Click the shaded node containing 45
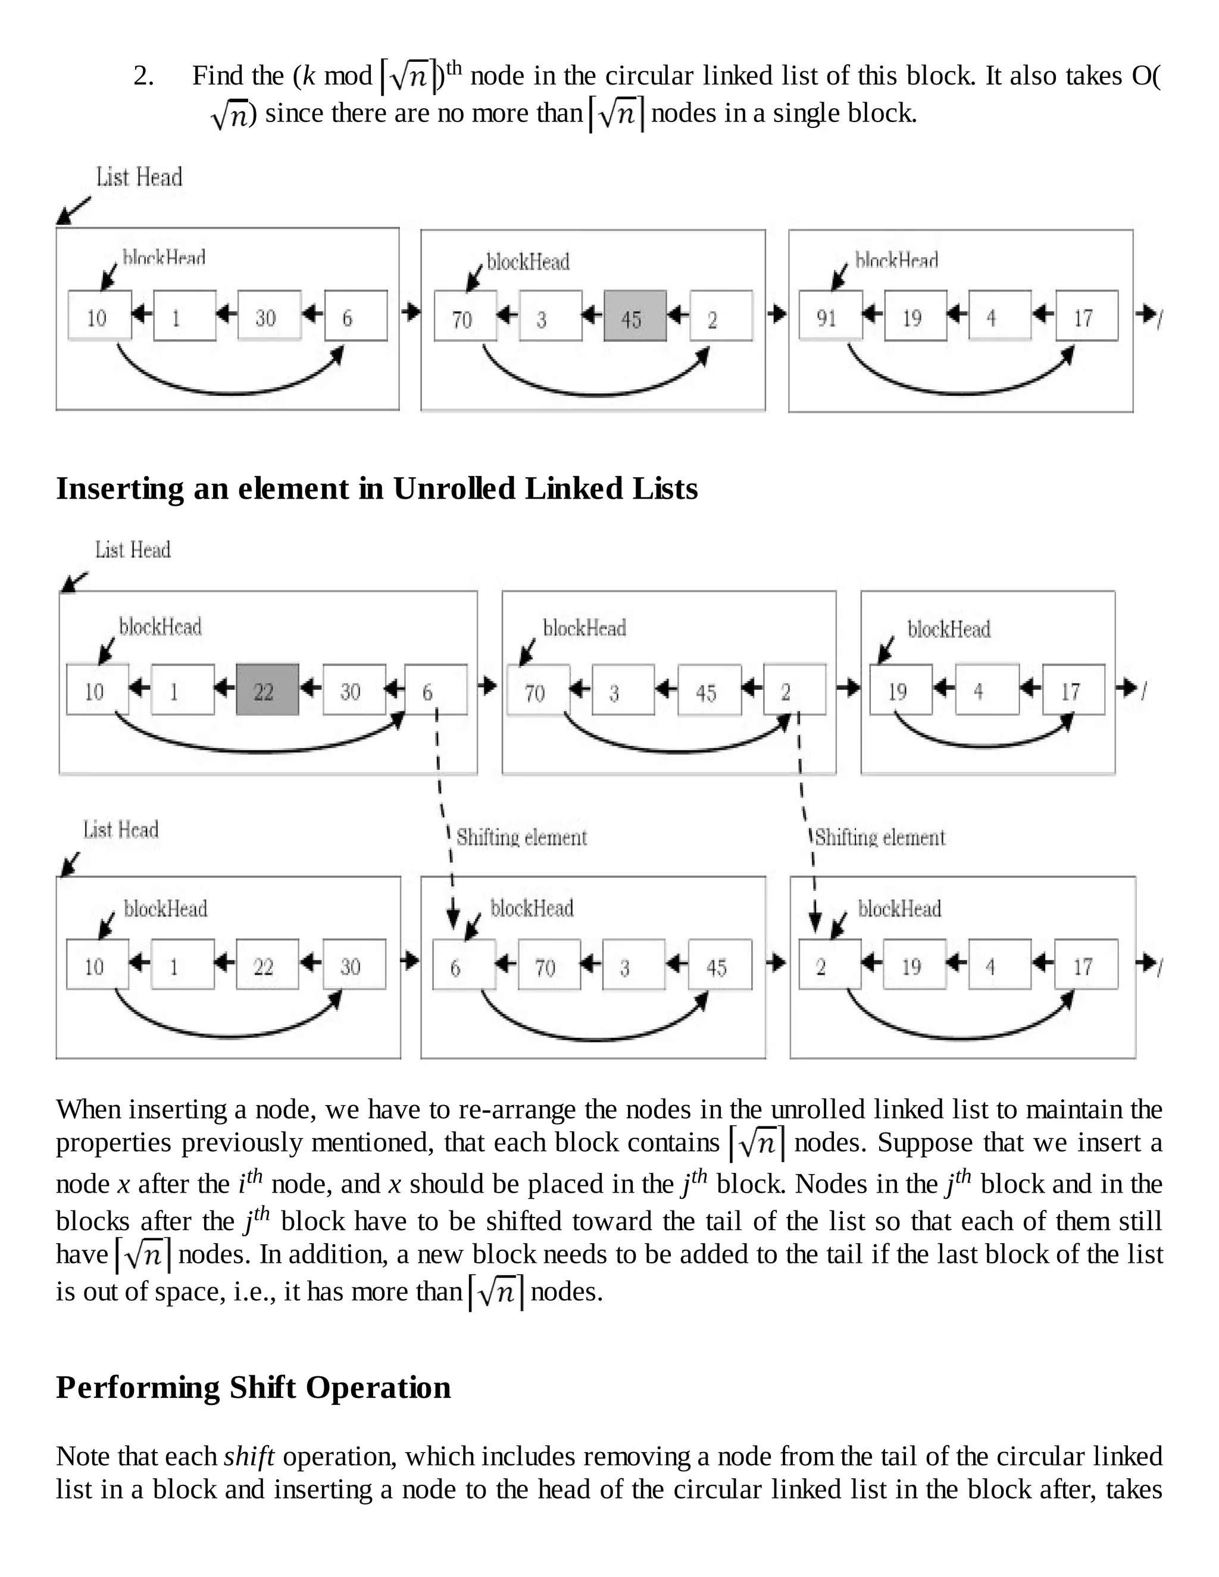click(x=634, y=316)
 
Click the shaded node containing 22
click(x=267, y=690)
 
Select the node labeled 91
click(x=830, y=315)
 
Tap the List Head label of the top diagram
click(x=139, y=177)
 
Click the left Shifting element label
click(x=521, y=838)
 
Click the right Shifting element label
click(x=880, y=838)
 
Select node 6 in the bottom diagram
click(x=464, y=965)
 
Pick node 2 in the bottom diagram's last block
click(x=829, y=965)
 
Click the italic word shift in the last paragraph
click(x=249, y=1456)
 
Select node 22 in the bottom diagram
click(x=267, y=965)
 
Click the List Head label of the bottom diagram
click(x=121, y=830)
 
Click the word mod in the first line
click(x=348, y=76)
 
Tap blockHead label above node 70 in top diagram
click(x=528, y=261)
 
